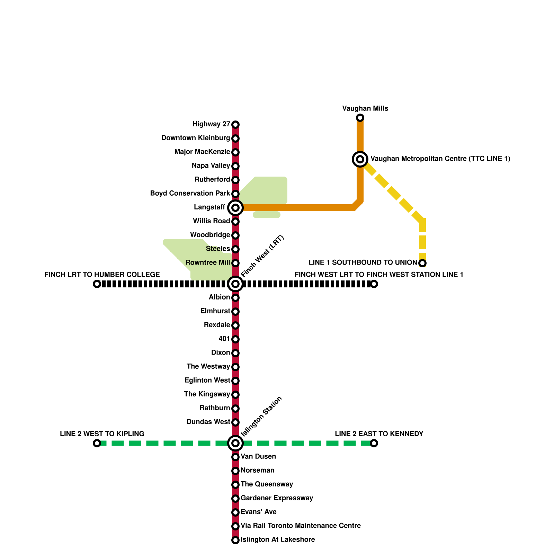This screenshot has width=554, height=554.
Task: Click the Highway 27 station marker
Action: (x=235, y=124)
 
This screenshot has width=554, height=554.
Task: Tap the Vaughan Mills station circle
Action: (x=360, y=118)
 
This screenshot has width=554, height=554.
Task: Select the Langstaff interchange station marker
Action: (x=235, y=208)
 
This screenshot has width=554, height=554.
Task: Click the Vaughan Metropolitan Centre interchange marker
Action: (x=360, y=159)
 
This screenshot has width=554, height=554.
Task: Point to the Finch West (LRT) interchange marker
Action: (x=235, y=284)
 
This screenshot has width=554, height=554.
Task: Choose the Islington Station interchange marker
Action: (x=235, y=443)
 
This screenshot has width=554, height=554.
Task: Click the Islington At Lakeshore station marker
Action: (x=235, y=540)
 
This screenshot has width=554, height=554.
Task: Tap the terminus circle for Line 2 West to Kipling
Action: (x=97, y=443)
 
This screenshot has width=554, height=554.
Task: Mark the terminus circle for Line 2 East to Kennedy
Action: (x=374, y=443)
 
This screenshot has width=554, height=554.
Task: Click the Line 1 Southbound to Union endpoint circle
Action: (x=422, y=263)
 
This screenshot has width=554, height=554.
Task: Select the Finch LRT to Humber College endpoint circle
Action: (x=97, y=284)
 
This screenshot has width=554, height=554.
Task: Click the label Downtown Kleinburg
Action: (x=196, y=138)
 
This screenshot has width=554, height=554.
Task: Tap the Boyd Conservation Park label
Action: (x=190, y=193)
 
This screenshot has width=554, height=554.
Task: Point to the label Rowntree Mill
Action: (x=208, y=262)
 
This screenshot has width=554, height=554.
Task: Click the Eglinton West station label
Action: (x=207, y=380)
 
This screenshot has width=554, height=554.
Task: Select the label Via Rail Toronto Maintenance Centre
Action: (x=301, y=526)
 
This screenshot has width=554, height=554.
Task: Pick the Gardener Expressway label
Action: (x=277, y=498)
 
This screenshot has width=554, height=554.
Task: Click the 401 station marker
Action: (x=235, y=339)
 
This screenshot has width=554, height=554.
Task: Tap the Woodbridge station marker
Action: (x=235, y=235)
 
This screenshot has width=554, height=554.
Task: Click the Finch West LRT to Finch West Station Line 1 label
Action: (x=379, y=275)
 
